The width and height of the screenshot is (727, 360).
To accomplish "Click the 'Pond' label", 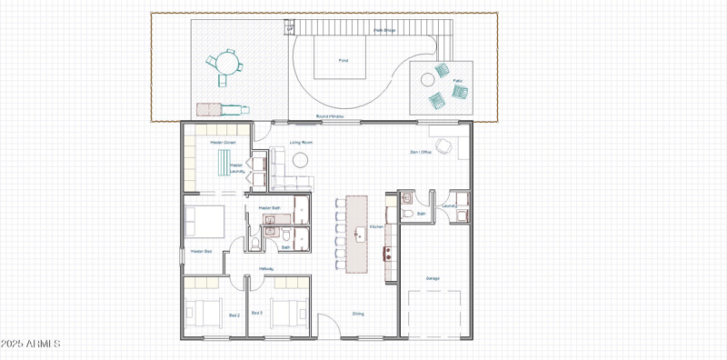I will tap(344, 61).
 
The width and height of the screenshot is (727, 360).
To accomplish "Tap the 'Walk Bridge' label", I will tap(385, 30).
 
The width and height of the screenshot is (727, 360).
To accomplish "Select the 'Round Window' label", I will tap(328, 116).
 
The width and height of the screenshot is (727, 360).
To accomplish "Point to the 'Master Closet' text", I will tap(223, 142).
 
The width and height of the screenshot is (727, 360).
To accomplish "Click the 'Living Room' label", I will tap(302, 143).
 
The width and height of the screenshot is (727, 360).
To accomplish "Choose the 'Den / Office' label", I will tap(421, 152).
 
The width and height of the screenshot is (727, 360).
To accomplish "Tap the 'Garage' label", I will tap(433, 278).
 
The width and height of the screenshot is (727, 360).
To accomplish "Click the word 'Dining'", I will tap(358, 314).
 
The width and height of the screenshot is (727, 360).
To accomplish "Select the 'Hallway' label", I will tap(266, 269).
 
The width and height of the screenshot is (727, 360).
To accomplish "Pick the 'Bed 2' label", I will tap(234, 314).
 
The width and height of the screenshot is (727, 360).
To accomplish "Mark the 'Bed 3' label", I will tap(257, 314).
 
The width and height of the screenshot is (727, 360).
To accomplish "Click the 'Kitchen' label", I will tap(376, 226).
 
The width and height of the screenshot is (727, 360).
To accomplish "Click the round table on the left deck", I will tap(226, 64).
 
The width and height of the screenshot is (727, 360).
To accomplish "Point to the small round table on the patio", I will tap(428, 80).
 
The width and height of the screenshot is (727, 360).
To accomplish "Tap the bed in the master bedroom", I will tap(205, 221).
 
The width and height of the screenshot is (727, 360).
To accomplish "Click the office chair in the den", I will tap(444, 145).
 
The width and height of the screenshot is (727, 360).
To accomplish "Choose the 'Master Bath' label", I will tap(269, 208).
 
